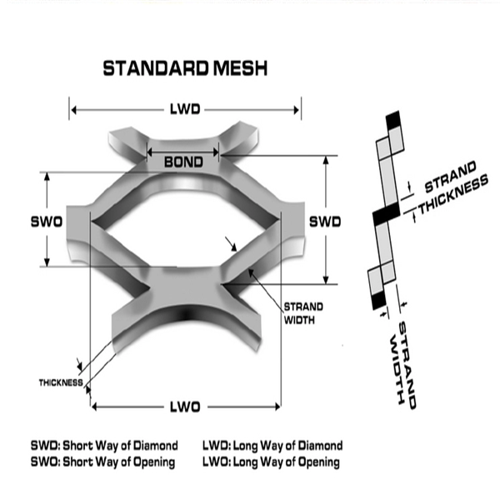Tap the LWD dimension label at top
pyautogui.click(x=185, y=109)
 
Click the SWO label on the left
pyautogui.click(x=47, y=222)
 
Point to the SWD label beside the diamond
pyautogui.click(x=325, y=222)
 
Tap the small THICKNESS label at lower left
pyautogui.click(x=60, y=382)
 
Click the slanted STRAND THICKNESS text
pyautogui.click(x=450, y=187)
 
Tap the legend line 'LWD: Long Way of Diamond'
pyautogui.click(x=272, y=446)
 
